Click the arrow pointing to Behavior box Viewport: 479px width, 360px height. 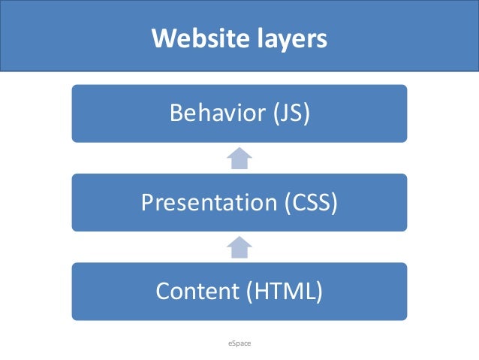click(x=239, y=158)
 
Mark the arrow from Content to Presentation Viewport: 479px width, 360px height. click(x=239, y=247)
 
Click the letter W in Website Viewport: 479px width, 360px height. click(x=163, y=38)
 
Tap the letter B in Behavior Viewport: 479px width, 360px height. click(x=177, y=113)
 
